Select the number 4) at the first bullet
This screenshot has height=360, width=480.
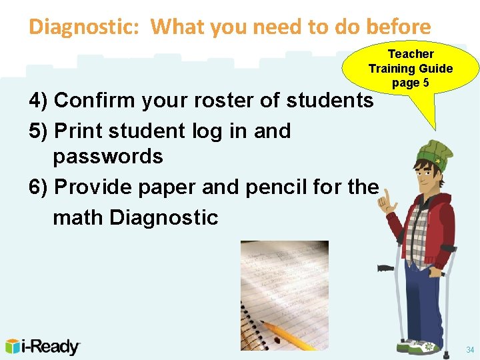tap(39, 101)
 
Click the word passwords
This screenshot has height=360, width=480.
tap(108, 157)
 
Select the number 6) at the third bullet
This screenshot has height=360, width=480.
tap(39, 187)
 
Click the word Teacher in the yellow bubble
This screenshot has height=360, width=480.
tap(411, 54)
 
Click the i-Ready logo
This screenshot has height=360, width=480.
tap(43, 347)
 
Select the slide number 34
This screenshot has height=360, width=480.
tap(470, 350)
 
